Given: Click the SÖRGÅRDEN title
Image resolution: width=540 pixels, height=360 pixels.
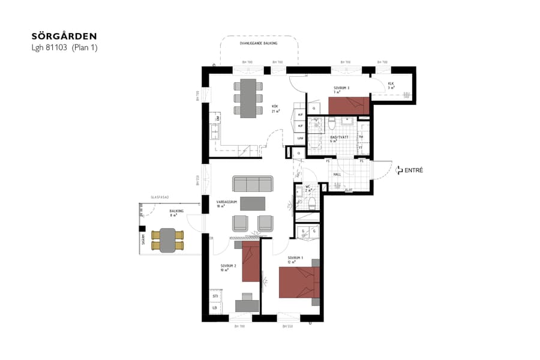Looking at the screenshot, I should click(x=64, y=37).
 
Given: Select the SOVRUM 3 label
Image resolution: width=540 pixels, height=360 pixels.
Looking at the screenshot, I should click(x=341, y=89).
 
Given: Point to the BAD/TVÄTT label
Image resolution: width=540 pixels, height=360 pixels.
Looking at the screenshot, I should click(x=340, y=137).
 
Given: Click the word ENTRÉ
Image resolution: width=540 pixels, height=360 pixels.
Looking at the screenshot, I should click(x=414, y=170).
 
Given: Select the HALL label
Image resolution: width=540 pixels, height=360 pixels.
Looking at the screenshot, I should click(x=337, y=175).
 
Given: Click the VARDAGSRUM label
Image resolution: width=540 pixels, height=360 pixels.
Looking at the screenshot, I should click(x=227, y=203).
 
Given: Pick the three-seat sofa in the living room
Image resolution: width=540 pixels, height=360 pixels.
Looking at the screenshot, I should click(x=253, y=184).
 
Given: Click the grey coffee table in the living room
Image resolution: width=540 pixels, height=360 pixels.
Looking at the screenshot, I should click(x=252, y=203).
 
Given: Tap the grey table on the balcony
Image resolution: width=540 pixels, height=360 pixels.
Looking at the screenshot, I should click(x=167, y=240).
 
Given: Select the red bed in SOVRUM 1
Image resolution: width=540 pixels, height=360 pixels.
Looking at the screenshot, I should click(x=299, y=283).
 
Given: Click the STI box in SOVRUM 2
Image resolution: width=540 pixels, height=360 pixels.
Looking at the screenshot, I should click(x=215, y=296).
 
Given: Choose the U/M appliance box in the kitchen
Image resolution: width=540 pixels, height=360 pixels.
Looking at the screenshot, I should click(x=300, y=139).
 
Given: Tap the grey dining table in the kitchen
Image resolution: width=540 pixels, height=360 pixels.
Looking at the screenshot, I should click(x=248, y=98).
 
